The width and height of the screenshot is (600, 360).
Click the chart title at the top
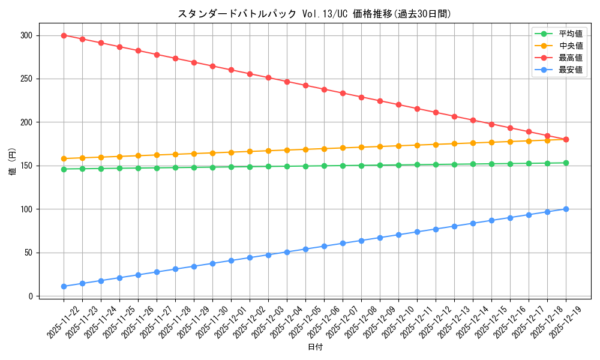point(314,14)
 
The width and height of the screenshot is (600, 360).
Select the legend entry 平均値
point(570,34)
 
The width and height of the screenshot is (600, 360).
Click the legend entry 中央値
point(570,46)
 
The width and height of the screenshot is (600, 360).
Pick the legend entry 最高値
point(570,58)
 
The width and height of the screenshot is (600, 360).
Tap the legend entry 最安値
point(570,70)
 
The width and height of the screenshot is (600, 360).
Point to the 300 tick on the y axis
point(27,35)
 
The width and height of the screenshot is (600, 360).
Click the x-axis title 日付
point(315,347)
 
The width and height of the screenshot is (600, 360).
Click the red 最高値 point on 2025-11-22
point(64,35)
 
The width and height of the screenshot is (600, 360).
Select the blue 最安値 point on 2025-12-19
point(566,209)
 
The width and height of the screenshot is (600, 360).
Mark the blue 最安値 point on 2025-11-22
point(64,286)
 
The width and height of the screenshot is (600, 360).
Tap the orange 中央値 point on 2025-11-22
point(64,158)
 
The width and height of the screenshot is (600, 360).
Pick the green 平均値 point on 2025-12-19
point(566,163)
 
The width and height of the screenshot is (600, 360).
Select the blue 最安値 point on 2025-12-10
point(398,235)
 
